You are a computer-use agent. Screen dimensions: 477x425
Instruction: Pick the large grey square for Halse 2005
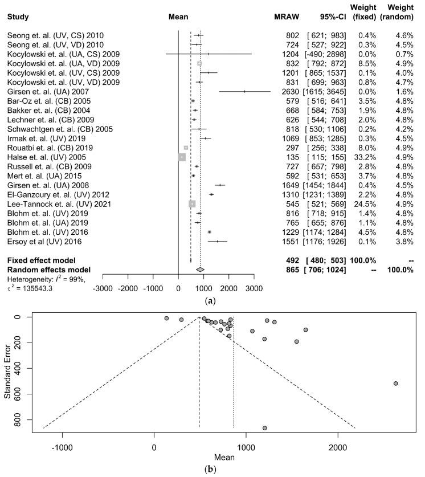tap(182, 157)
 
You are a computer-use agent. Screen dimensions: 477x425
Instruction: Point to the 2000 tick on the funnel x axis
tap(338, 449)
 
